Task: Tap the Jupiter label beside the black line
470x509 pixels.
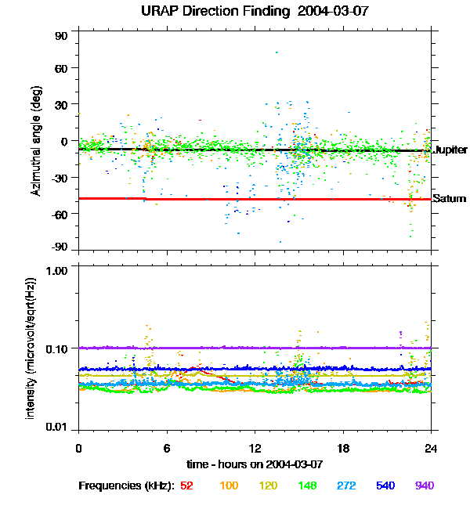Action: pos(450,150)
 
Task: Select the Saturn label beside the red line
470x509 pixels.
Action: pos(447,198)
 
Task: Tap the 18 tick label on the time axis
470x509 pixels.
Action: pos(343,449)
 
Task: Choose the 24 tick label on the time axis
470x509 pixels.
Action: pos(431,449)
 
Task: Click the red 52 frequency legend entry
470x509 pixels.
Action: pos(186,486)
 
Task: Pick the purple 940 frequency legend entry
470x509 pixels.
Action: pos(424,486)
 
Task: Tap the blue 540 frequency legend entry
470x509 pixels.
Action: pos(385,486)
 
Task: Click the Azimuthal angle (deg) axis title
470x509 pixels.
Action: pos(36,141)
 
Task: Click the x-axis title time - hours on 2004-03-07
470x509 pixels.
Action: pos(255,464)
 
